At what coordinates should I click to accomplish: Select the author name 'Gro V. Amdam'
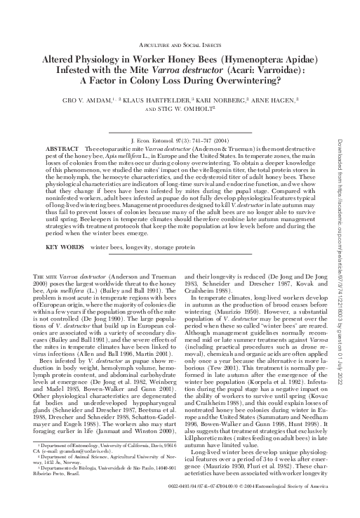coord(102,100)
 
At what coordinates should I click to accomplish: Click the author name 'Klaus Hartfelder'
coord(166,100)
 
